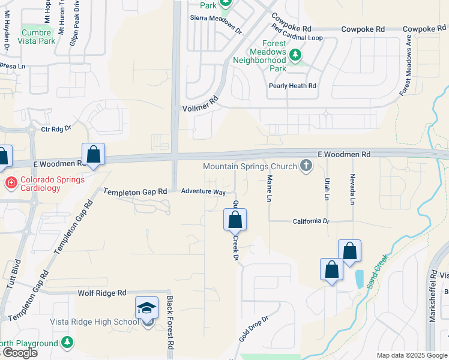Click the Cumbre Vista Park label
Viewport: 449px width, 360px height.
click(x=38, y=37)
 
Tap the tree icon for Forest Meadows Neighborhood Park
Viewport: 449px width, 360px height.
click(x=295, y=55)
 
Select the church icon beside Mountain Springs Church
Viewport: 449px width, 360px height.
click(x=306, y=166)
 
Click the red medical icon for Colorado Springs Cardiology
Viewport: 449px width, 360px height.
click(x=10, y=181)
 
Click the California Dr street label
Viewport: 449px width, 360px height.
click(x=311, y=221)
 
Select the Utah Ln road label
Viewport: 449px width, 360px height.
click(x=327, y=189)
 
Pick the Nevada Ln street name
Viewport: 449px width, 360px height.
click(x=352, y=189)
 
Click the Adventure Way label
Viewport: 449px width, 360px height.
click(x=204, y=192)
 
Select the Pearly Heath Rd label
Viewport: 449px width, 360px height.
click(x=292, y=86)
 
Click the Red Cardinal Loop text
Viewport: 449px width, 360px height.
click(x=297, y=37)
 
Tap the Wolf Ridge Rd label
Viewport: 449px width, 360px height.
click(x=102, y=293)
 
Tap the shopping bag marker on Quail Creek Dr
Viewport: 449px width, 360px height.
click(x=235, y=220)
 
